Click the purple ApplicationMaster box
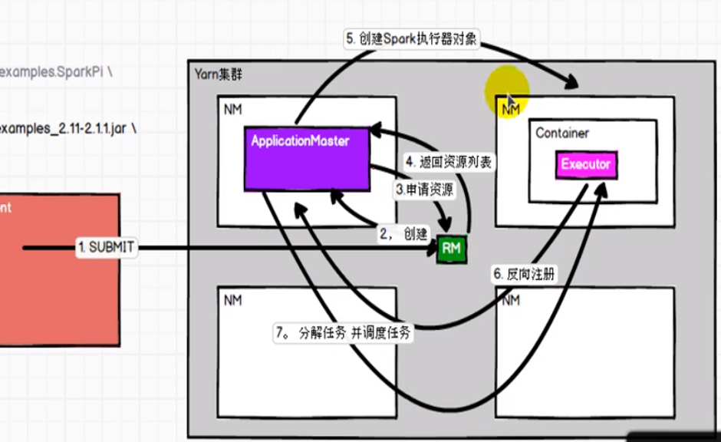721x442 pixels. [x=307, y=160]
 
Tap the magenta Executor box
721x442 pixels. [x=585, y=164]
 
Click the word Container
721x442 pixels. [x=562, y=133]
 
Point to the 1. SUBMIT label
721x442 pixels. [x=106, y=247]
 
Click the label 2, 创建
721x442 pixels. [x=403, y=234]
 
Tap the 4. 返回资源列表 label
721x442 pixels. [x=449, y=162]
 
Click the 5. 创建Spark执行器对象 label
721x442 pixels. [x=410, y=38]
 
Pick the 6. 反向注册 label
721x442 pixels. [x=523, y=274]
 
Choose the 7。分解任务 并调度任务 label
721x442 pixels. [x=343, y=333]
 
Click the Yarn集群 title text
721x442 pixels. [x=219, y=75]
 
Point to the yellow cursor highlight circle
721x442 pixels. [x=507, y=90]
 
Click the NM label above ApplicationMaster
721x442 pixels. [x=233, y=110]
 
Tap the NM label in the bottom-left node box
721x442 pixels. [x=233, y=300]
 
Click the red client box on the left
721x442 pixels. [x=58, y=269]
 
